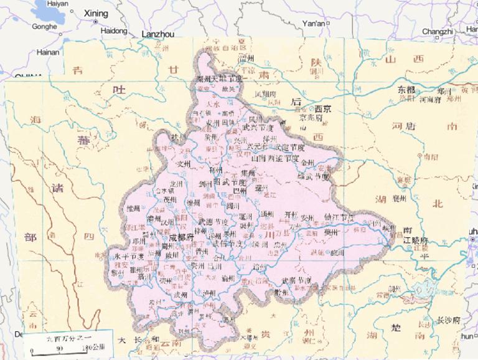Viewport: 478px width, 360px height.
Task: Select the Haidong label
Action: (x=113, y=30)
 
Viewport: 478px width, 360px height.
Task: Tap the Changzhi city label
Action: (x=438, y=31)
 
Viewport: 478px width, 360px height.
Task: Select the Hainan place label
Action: (x=47, y=52)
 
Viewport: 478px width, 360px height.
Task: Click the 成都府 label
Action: (x=181, y=237)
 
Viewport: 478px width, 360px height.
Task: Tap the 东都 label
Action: (x=408, y=89)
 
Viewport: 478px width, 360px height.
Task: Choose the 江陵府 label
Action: (x=416, y=240)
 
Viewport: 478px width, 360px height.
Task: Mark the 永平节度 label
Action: (x=129, y=256)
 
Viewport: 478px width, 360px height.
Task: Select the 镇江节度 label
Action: (x=339, y=217)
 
